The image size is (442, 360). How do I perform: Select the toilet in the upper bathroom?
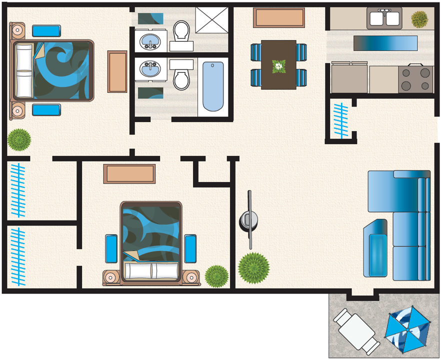(180, 31)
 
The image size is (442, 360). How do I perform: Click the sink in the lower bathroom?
(149, 70)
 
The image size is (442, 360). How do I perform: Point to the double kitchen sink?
(384, 19)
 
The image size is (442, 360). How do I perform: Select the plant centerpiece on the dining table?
(278, 65)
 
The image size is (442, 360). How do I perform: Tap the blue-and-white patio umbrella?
(407, 329)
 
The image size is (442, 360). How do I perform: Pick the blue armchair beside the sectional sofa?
(376, 248)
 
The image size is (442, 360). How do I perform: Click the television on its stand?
(249, 219)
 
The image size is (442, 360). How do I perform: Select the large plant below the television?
(253, 268)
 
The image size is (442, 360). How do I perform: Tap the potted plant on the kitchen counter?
(419, 19)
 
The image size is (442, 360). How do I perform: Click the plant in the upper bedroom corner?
(19, 140)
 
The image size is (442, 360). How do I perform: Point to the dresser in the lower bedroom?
(129, 173)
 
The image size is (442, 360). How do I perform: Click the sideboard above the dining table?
(279, 18)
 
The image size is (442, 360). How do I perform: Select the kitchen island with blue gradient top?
(385, 43)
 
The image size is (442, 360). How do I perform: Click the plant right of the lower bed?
(216, 275)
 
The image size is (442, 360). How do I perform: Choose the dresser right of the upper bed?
(117, 71)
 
